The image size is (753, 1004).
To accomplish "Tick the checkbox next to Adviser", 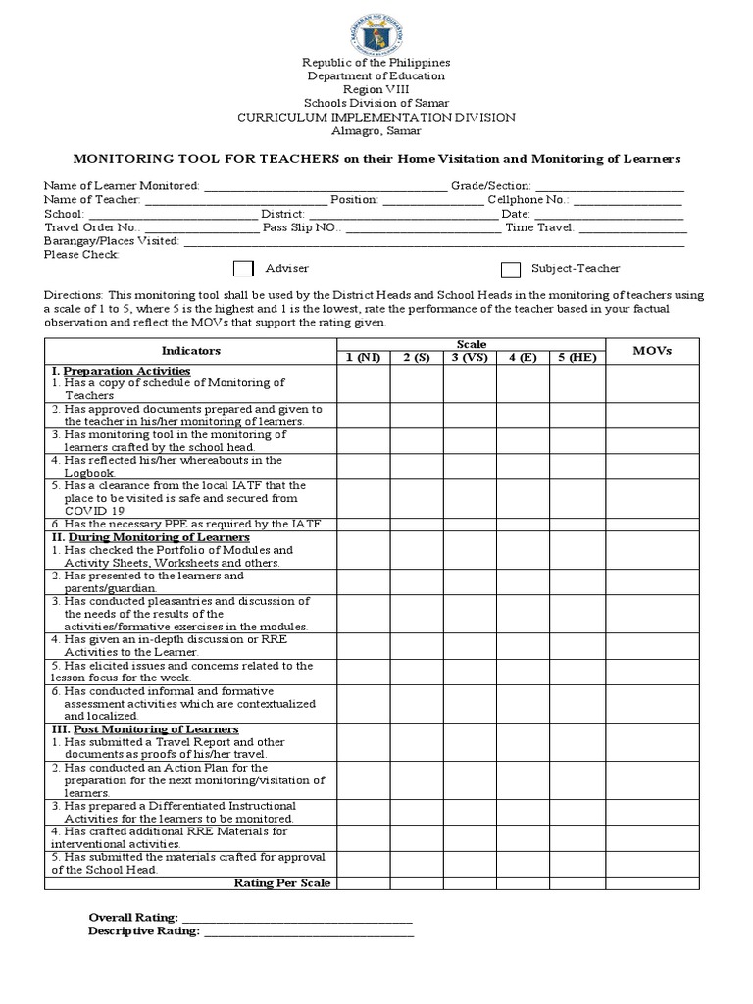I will [243, 269].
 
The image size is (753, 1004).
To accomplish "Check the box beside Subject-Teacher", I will [511, 270].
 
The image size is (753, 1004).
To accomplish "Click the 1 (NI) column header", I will [363, 357].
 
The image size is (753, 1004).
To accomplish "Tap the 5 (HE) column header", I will [577, 357].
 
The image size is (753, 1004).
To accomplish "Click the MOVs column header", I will [651, 351].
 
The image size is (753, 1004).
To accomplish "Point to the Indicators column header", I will [190, 351].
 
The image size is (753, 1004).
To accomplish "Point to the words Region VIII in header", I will [376, 89].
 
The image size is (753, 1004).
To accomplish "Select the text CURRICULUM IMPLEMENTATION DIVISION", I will [376, 117].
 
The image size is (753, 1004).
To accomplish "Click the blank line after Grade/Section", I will [609, 185].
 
